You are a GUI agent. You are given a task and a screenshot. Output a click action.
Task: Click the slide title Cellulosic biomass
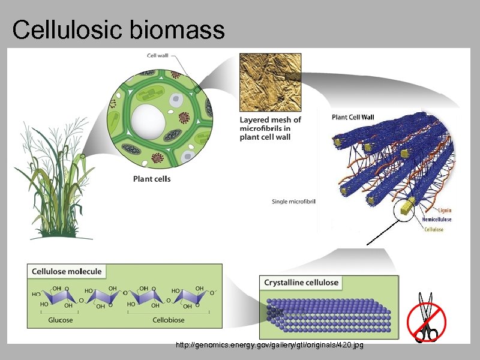(x=118, y=29)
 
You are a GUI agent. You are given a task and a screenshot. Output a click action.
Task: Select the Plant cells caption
(x=151, y=179)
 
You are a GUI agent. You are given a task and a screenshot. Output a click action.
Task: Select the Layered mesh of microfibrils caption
(x=270, y=128)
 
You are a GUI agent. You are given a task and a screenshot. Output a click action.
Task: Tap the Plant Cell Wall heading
(x=353, y=117)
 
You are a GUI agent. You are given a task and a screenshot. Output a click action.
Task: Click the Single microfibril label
(x=293, y=201)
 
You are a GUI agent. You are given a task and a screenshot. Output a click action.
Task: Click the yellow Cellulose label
(x=434, y=229)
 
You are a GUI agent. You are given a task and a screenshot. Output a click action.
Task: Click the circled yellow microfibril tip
(x=407, y=208)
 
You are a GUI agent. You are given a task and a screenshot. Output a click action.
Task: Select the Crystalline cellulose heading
(x=301, y=283)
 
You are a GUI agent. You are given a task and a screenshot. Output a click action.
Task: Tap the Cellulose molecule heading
(x=67, y=271)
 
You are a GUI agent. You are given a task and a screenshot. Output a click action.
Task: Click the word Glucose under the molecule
(x=60, y=320)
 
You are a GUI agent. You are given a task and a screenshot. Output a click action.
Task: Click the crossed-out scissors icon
(x=427, y=319)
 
